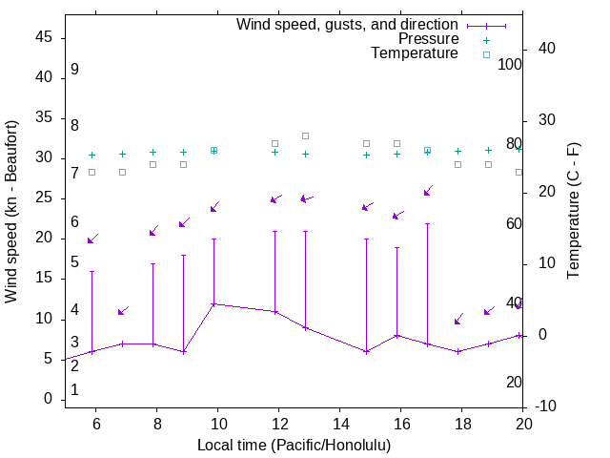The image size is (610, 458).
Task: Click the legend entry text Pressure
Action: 428,39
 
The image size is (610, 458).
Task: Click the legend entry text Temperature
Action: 415,53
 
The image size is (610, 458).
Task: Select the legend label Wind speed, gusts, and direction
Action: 348,24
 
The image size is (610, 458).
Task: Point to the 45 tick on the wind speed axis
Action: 44,37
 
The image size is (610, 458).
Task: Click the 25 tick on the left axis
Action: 44,198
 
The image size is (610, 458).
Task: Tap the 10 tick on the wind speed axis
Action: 44,319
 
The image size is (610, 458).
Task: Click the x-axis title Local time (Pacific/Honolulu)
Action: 294,445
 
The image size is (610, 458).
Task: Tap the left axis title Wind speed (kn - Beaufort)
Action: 11,212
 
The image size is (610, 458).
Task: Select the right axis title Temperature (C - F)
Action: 573,212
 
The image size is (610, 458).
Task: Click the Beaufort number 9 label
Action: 74,70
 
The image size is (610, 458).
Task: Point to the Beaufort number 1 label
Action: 74,389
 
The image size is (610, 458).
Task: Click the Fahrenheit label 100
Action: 511,65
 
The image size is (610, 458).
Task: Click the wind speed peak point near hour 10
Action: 213,303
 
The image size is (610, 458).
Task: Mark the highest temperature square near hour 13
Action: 305,135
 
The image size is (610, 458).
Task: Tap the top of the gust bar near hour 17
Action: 427,223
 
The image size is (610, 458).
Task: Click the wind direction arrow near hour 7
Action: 122,311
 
